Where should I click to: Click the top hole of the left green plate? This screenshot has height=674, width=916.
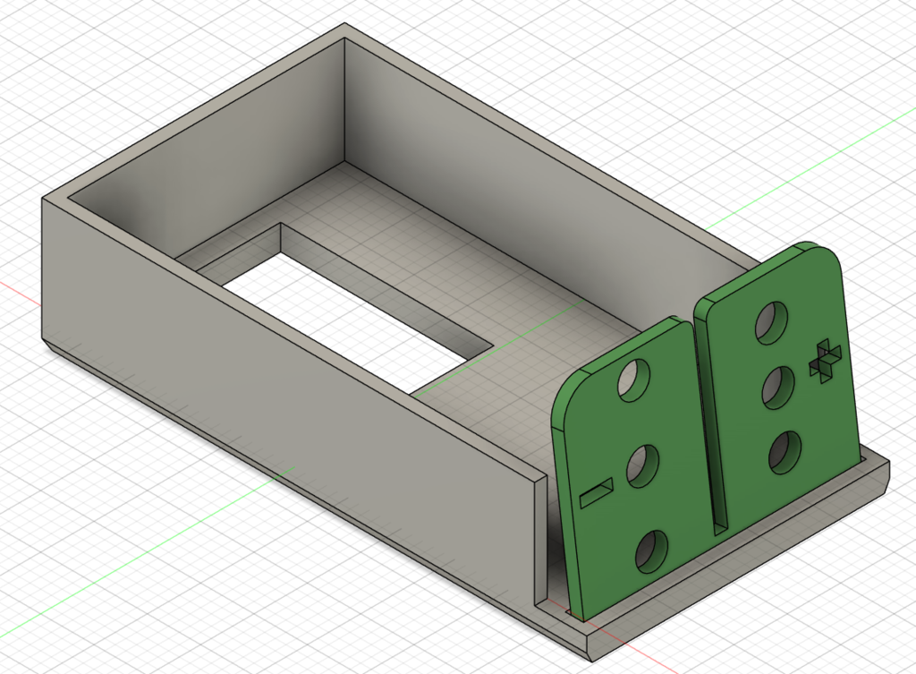coord(632,381)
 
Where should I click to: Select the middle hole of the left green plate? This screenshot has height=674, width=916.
coord(642,466)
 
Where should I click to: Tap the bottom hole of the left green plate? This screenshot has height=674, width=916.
coord(651,552)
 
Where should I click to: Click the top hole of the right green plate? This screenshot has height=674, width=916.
coord(771,322)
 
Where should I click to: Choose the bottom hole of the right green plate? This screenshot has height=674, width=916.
coord(785,453)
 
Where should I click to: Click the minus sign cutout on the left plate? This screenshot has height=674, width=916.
coord(597,491)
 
